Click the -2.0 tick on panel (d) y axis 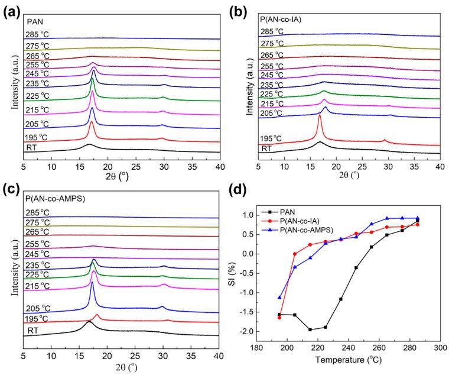264,331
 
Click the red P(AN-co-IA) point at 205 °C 295,254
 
